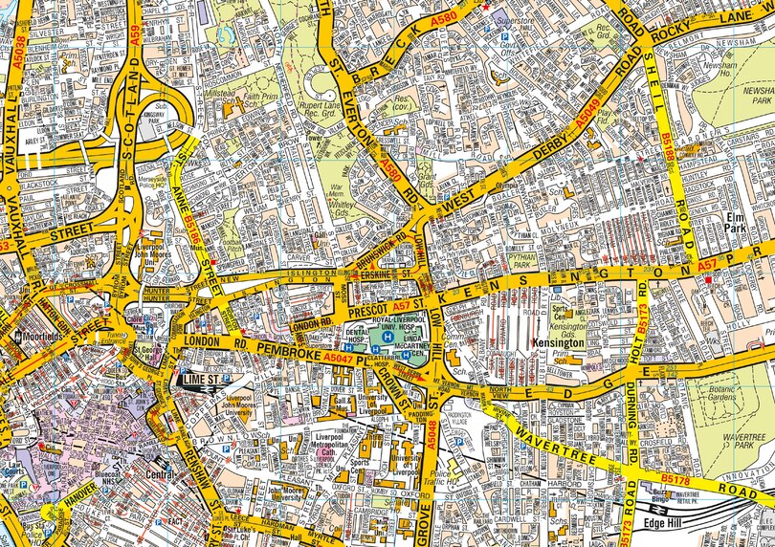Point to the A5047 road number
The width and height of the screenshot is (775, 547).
(x=339, y=356)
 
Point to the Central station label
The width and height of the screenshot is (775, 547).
(x=158, y=473)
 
